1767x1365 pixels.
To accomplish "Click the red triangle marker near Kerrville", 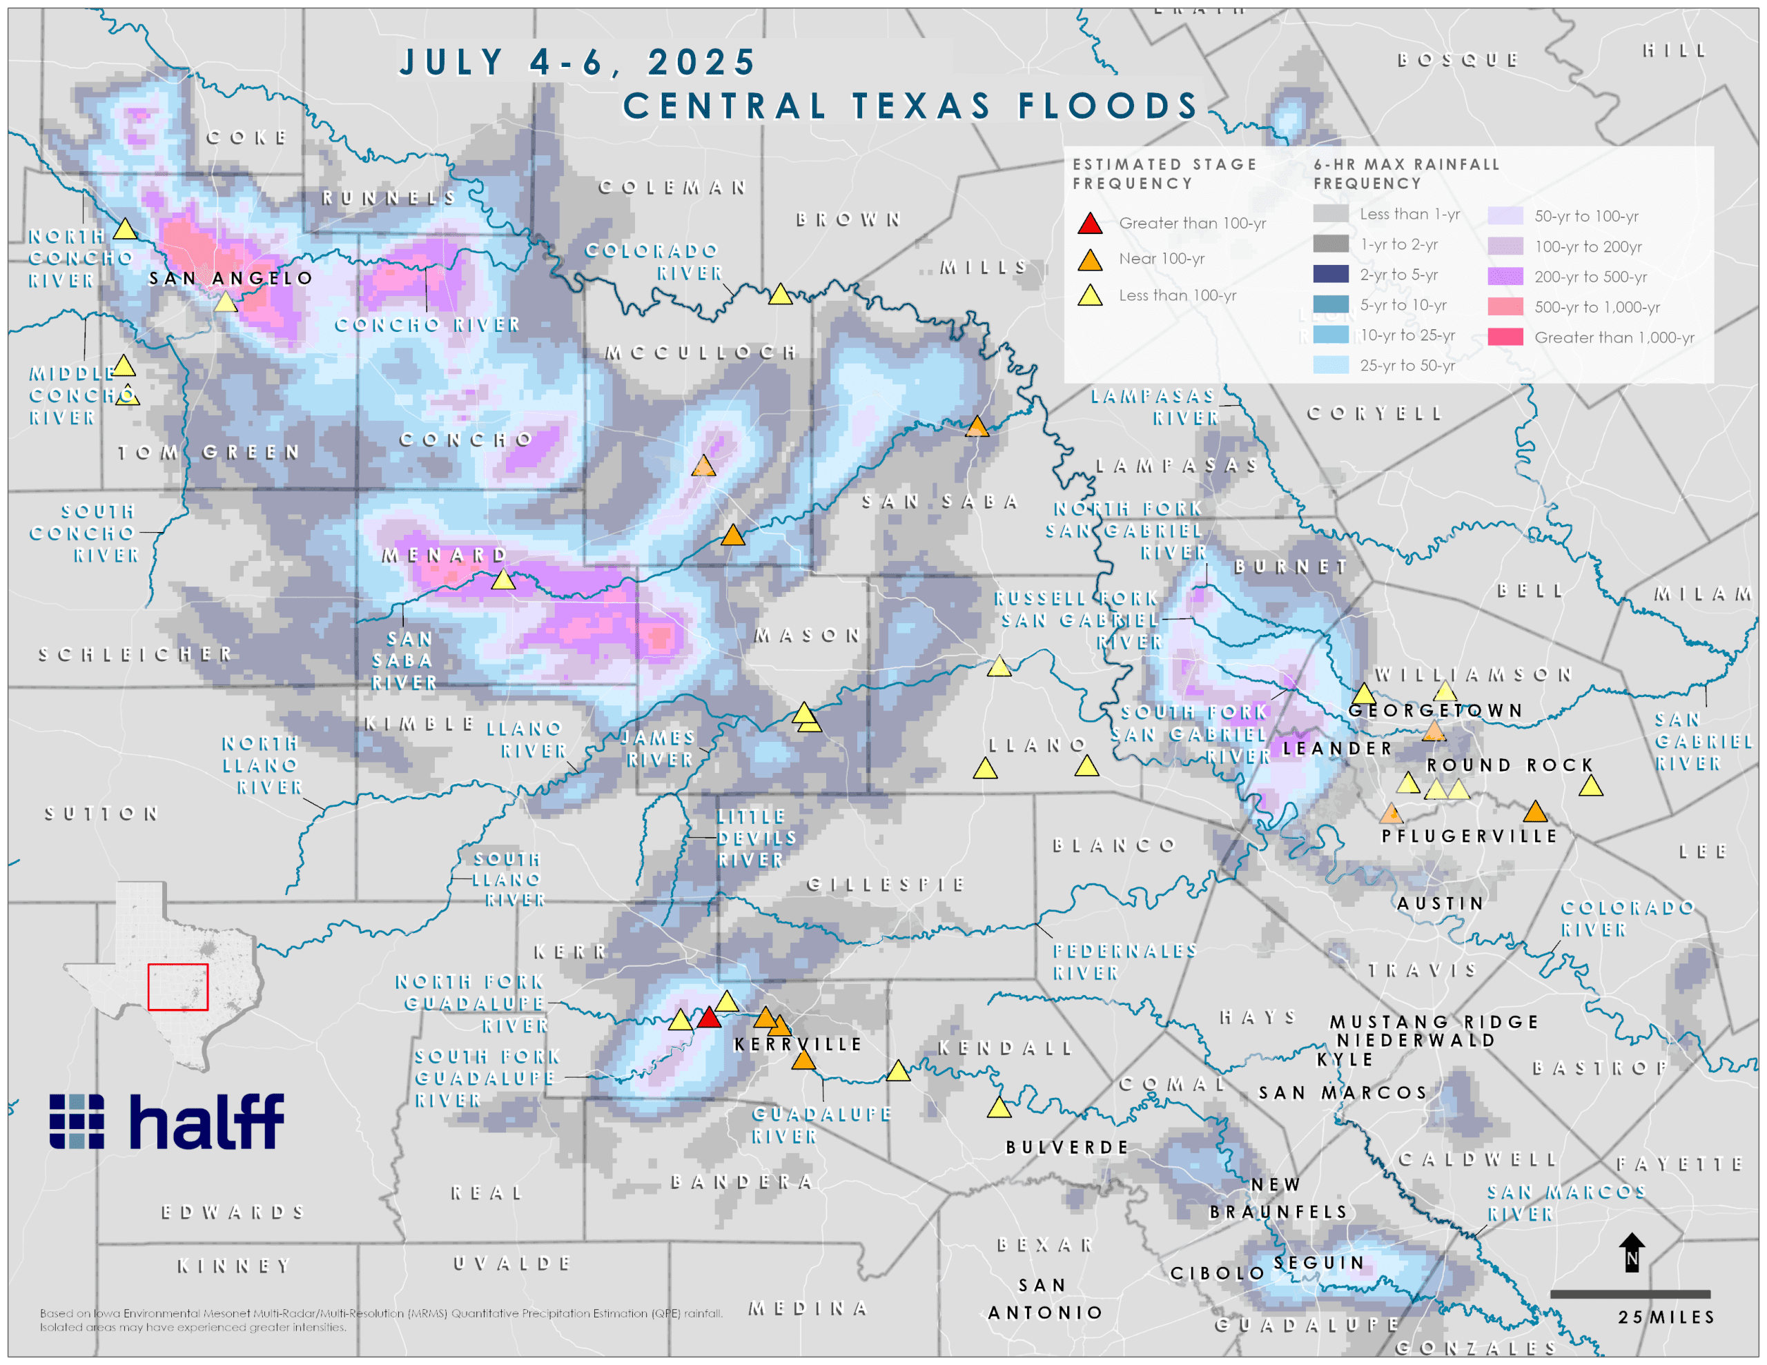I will coord(709,1018).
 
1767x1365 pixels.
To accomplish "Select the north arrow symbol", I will coord(1631,1252).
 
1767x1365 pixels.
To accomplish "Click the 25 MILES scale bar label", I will coord(1666,1317).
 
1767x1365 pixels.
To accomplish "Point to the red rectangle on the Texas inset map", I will coord(177,986).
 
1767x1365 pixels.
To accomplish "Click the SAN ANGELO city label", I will coord(231,278).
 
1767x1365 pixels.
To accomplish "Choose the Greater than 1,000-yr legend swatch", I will coord(1505,337).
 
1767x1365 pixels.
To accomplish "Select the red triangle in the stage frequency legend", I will coord(1090,224).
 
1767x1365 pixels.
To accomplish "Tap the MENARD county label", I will coord(445,555).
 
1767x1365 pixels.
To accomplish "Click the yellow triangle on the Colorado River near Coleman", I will coord(780,295).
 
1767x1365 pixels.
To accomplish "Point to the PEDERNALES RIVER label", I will coord(1124,961).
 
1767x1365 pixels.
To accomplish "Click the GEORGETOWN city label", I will coord(1435,710).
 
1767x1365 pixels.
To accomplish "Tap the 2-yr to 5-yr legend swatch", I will coord(1330,274).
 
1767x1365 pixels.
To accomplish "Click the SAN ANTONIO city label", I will coord(1044,1299).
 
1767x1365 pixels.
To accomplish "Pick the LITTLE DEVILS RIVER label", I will coord(756,838).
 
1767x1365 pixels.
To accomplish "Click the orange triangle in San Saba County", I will coord(977,426).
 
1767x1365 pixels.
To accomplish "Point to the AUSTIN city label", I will coord(1440,903).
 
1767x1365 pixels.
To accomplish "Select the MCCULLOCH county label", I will coord(701,352).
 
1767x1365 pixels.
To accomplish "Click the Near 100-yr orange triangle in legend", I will coord(1090,259).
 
